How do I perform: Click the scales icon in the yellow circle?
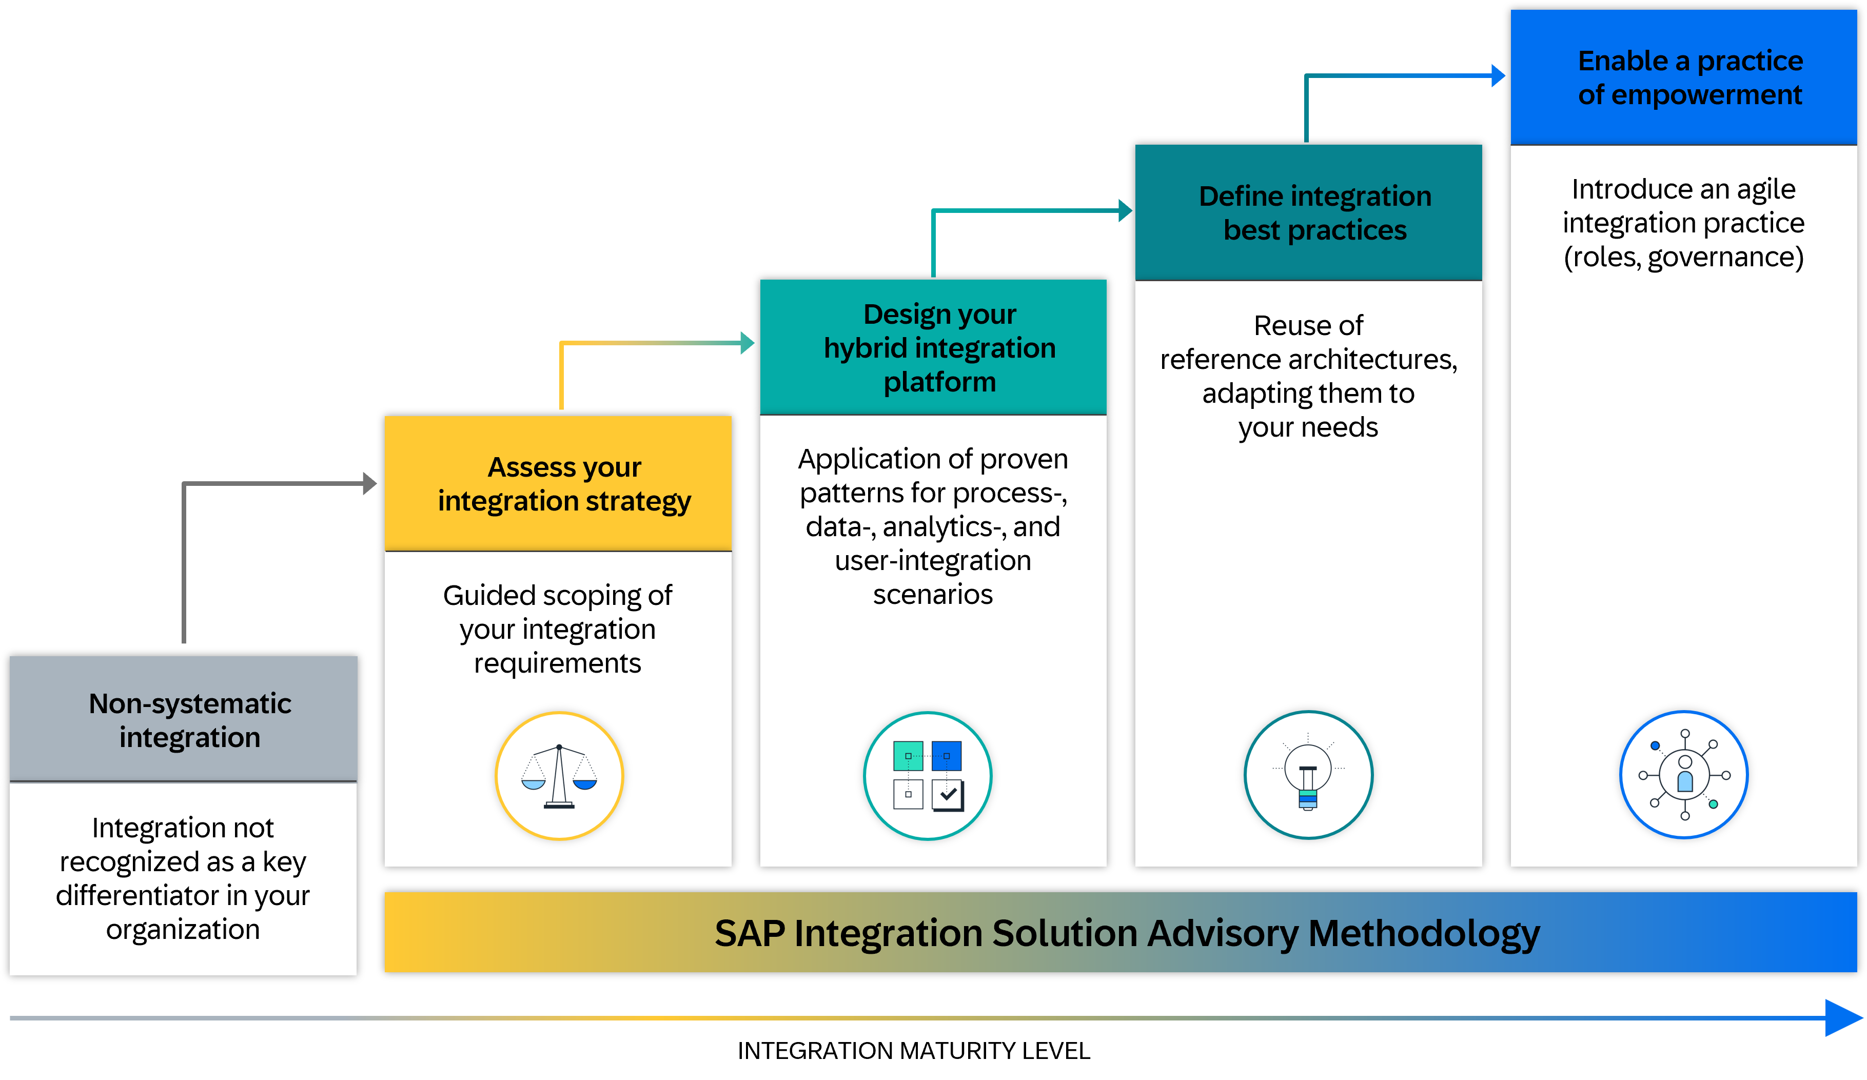coord(559,776)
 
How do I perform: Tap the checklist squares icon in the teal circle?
coord(928,776)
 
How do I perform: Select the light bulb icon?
coord(1308,776)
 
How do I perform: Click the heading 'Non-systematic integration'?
coord(190,720)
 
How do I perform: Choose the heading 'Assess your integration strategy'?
coord(564,484)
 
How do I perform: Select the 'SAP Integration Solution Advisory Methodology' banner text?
coord(1126,933)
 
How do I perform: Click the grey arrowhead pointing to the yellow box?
coord(370,484)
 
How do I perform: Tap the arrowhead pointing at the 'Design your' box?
coord(747,343)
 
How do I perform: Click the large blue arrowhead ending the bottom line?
coord(1843,1018)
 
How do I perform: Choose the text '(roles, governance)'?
coord(1683,257)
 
